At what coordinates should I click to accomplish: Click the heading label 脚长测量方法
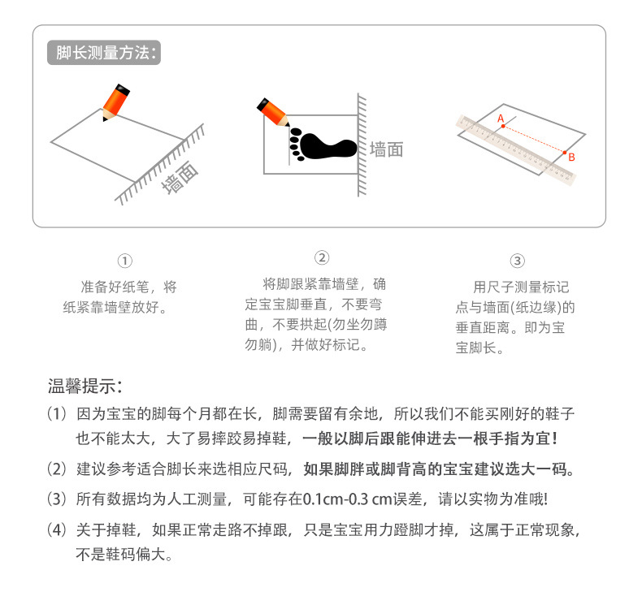[103, 54]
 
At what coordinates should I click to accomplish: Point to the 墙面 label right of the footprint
[386, 149]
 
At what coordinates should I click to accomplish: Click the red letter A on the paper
[501, 118]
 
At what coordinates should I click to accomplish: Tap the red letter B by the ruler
[571, 157]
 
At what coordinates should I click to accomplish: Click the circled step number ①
[124, 261]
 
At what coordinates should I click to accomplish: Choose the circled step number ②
[322, 258]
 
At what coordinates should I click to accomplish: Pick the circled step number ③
[517, 261]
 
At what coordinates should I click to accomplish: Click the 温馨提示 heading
[85, 384]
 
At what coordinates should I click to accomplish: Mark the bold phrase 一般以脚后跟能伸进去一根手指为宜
[430, 438]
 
